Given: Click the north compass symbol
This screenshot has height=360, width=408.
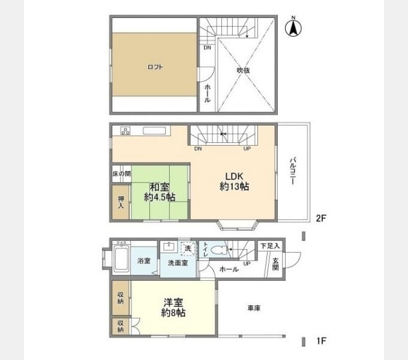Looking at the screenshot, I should click(x=293, y=27).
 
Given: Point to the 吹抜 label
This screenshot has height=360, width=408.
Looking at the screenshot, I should click(x=243, y=70).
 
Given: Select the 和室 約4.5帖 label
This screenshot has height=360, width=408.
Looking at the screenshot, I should click(x=159, y=191).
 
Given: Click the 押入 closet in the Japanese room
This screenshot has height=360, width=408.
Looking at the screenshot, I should click(x=120, y=202).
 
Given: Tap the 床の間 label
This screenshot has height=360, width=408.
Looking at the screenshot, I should click(x=121, y=174).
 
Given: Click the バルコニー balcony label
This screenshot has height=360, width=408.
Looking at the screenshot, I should click(x=292, y=172).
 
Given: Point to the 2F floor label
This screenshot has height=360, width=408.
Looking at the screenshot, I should click(x=321, y=218).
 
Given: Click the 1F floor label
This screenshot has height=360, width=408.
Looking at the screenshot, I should click(x=321, y=341).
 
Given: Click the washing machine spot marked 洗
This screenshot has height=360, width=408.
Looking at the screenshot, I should click(x=187, y=248).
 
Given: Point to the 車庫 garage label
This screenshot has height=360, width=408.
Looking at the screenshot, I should click(x=253, y=308).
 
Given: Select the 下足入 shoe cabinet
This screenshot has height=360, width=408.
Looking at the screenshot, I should click(x=269, y=246).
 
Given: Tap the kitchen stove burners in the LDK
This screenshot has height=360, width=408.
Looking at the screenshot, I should click(x=126, y=131).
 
